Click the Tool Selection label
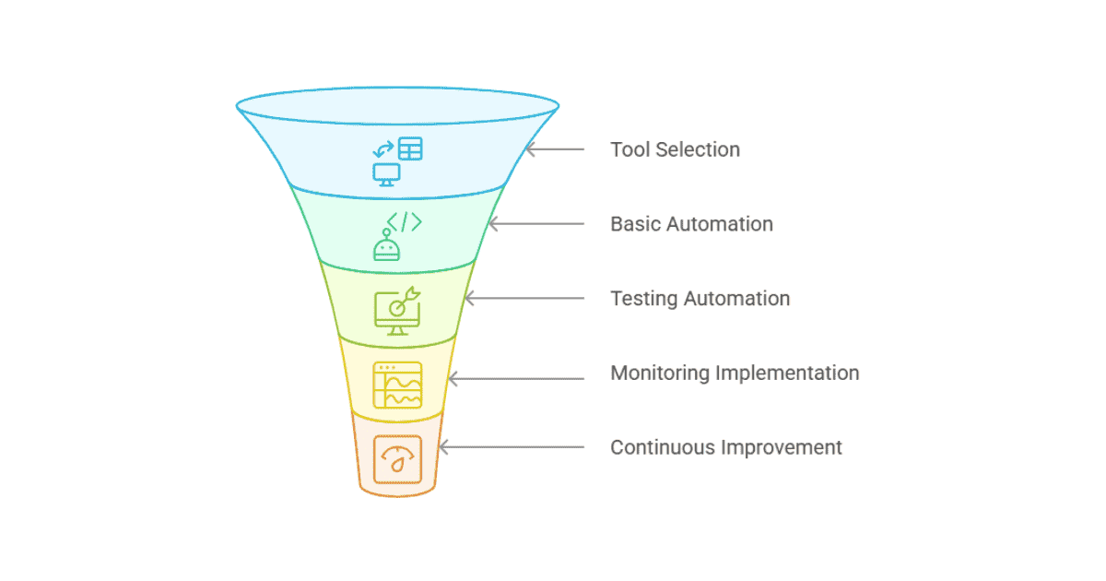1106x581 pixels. tap(675, 149)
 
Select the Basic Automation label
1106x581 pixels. tap(691, 224)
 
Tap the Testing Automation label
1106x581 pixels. tap(700, 299)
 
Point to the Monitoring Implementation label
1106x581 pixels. tap(735, 373)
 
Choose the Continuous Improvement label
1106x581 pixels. tap(726, 448)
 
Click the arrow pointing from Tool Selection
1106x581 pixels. tap(555, 149)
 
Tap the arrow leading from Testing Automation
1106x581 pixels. tap(524, 299)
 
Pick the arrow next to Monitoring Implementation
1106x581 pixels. tap(515, 378)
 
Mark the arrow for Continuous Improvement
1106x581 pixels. tap(511, 448)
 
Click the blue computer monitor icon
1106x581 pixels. tap(386, 174)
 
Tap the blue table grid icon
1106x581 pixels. tap(410, 148)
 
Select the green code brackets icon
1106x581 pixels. tap(405, 222)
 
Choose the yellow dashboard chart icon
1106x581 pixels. tap(398, 385)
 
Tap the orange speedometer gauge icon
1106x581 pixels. tap(398, 459)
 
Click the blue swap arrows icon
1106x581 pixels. tap(382, 148)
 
